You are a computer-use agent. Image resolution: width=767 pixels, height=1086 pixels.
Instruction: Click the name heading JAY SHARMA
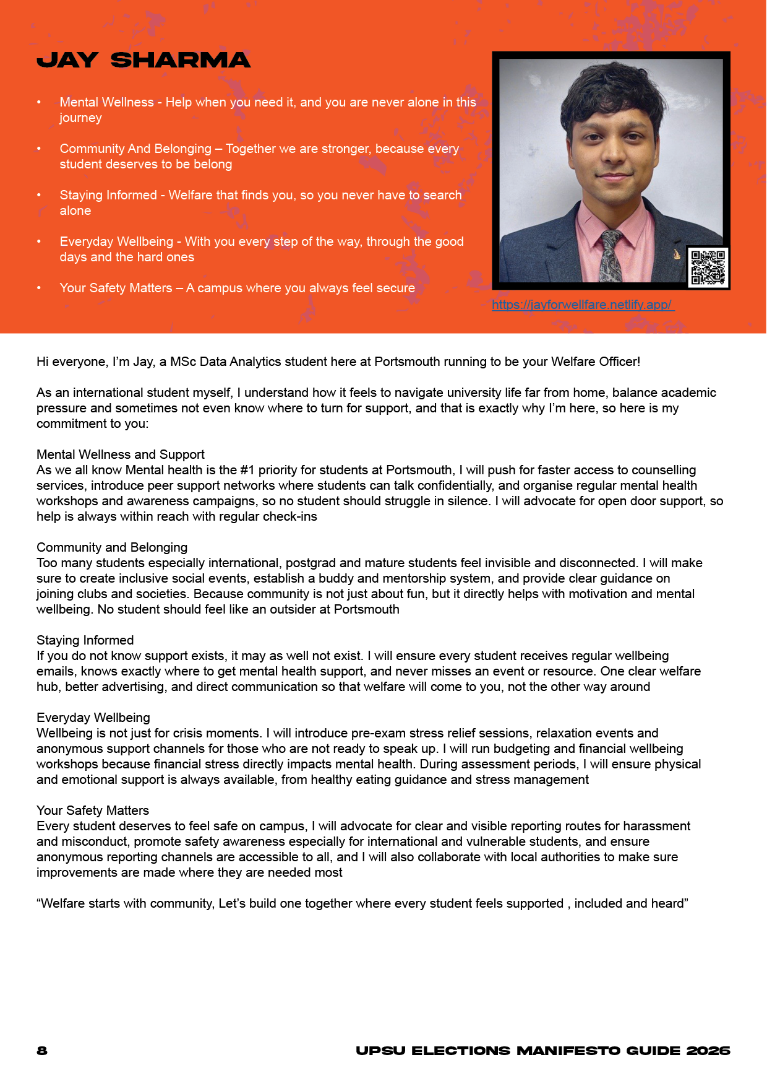coord(144,60)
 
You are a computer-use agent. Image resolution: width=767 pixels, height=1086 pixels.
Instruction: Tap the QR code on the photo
coord(708,267)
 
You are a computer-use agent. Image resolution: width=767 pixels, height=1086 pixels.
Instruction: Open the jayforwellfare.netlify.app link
coord(583,305)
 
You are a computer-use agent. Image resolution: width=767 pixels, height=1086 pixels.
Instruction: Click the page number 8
coord(42,1051)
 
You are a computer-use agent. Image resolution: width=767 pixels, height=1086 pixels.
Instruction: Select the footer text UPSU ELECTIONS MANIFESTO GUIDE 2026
coord(543,1051)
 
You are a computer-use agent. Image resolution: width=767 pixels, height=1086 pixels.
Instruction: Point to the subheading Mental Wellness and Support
coord(121,454)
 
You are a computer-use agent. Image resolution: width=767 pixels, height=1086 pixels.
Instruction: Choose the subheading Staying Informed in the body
coord(85,640)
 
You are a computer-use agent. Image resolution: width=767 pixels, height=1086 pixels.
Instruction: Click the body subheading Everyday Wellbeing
coord(93,718)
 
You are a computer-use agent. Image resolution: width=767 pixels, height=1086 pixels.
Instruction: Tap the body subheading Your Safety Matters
coord(93,810)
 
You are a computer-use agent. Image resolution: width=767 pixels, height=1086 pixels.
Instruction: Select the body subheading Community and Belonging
coord(112,547)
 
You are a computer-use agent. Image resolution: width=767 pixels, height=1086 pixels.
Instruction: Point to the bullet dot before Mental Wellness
coord(39,102)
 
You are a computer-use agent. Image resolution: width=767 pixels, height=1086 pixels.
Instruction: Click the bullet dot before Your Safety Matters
coord(39,288)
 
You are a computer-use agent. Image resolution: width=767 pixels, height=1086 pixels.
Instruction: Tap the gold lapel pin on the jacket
coord(677,253)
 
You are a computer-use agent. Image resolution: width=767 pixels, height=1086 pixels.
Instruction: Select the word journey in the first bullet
coord(80,118)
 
